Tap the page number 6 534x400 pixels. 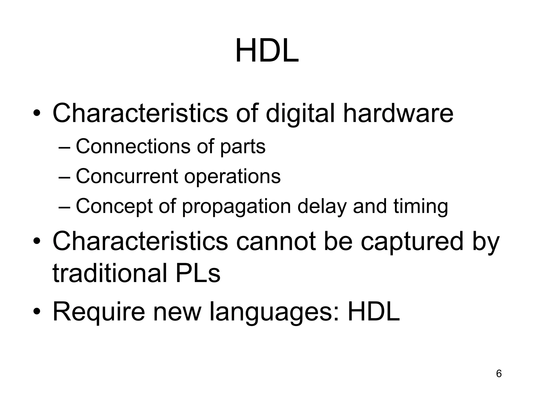499,373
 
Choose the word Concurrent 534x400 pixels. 127,176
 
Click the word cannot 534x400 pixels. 276,241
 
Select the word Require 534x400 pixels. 99,312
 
